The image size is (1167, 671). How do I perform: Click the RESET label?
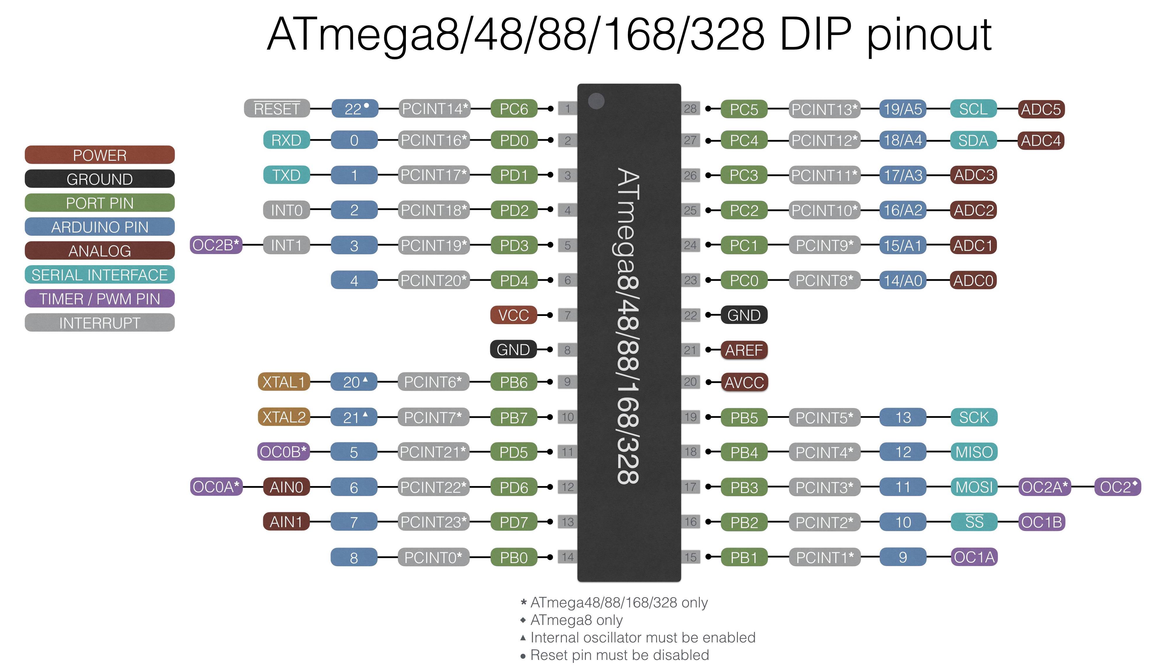click(x=277, y=109)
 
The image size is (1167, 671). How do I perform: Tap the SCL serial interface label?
click(x=974, y=109)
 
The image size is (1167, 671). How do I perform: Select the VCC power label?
click(x=513, y=315)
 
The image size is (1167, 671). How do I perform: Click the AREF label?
click(x=744, y=350)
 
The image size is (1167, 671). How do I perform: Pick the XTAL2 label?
click(x=284, y=417)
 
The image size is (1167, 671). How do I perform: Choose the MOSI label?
click(x=974, y=487)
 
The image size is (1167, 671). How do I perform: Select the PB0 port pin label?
click(x=514, y=558)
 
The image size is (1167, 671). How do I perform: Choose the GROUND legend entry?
click(x=99, y=179)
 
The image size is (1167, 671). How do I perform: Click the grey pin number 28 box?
click(x=690, y=109)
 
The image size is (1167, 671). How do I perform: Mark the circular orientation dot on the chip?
click(x=596, y=101)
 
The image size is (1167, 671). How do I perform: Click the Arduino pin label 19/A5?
click(x=903, y=109)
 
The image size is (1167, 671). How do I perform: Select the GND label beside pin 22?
click(x=744, y=315)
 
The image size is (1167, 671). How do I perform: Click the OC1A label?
click(x=974, y=557)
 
